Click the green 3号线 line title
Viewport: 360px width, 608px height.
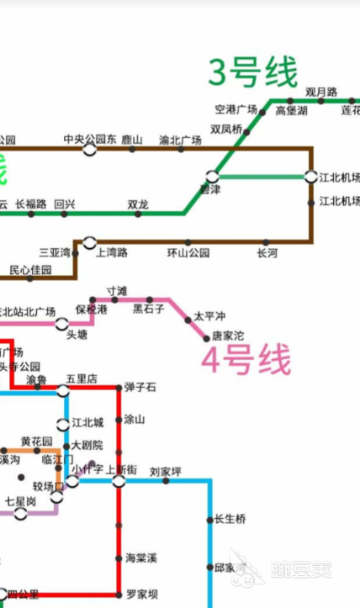coord(253,72)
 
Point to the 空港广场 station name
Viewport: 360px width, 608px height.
coord(236,110)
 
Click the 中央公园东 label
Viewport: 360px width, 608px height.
coord(90,140)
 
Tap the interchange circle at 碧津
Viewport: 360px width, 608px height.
coord(213,177)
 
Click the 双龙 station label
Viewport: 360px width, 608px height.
coord(138,204)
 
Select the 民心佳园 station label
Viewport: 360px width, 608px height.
coord(31,271)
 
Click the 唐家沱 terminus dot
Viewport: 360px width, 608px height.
coord(206,337)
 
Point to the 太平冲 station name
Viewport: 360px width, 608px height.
coord(209,316)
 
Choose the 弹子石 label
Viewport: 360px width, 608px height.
coord(140,387)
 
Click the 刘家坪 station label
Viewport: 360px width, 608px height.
coord(166,471)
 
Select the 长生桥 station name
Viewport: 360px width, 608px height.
coord(230,520)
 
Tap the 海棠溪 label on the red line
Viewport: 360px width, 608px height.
coord(140,558)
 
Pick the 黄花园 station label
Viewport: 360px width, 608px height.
coord(36,441)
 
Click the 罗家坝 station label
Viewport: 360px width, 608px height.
coord(142,595)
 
